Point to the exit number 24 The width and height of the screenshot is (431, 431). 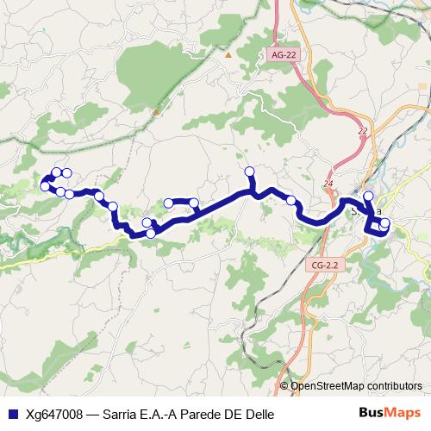(x=328, y=184)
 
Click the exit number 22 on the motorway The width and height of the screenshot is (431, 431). (x=362, y=131)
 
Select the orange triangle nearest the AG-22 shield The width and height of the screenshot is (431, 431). (x=228, y=54)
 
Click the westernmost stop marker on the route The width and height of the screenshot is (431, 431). (x=44, y=185)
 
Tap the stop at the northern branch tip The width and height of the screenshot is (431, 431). (x=250, y=171)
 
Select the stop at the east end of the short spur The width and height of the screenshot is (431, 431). (x=195, y=203)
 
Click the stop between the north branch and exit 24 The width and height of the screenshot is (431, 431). (x=291, y=201)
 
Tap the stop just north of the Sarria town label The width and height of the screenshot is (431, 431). (x=368, y=197)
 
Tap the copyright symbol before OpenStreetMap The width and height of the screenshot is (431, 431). (x=284, y=387)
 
